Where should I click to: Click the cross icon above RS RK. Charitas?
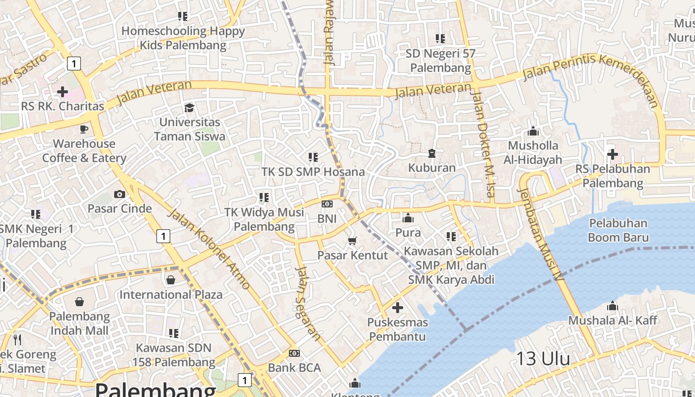point(63,92)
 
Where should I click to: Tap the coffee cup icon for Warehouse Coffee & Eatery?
point(84,130)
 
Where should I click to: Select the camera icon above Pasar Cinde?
point(120,194)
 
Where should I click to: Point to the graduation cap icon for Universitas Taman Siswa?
point(189,108)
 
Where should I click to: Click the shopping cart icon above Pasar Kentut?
point(352,241)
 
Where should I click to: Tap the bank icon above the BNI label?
point(327,204)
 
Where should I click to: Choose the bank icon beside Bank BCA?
point(294,353)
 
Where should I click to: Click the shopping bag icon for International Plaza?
point(171,280)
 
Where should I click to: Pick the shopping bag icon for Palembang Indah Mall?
point(79,302)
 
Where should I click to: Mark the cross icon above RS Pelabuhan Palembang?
point(613,154)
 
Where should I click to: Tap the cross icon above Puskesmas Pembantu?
point(398,308)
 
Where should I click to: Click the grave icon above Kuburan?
point(432,153)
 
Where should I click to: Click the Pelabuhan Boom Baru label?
point(618,230)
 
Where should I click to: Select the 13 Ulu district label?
point(543,358)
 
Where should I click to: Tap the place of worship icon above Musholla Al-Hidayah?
point(533,132)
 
